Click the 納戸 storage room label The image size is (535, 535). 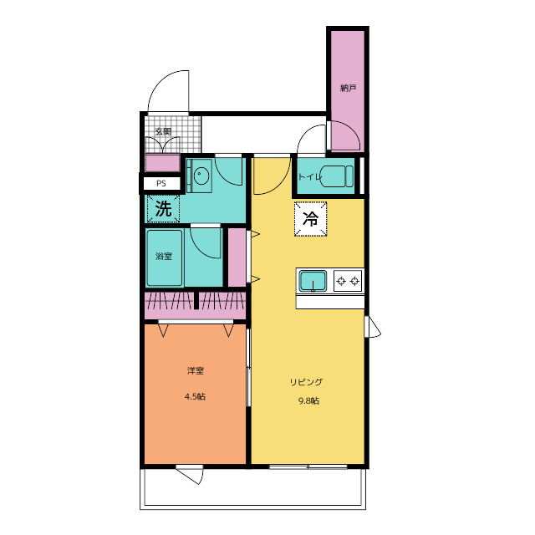tap(348, 89)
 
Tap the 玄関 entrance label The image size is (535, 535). tap(163, 131)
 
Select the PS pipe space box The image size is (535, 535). tap(161, 184)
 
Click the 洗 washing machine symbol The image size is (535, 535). tap(163, 208)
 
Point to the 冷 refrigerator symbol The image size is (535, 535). tap(310, 219)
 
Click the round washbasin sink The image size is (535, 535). tap(201, 176)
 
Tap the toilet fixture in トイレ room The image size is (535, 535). tap(337, 176)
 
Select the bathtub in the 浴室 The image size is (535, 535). tap(164, 258)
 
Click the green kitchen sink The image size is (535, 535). tap(313, 281)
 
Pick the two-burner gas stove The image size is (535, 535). tap(348, 281)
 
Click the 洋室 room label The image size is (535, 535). tap(196, 370)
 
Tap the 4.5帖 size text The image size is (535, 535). tap(195, 396)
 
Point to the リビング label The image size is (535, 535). tap(306, 382)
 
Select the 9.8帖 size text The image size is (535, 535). tap(309, 401)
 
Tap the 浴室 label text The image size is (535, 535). tap(164, 256)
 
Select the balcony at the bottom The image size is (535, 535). tap(252, 489)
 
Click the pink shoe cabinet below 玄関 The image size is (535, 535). tap(162, 163)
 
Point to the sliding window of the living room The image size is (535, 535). tap(308, 466)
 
